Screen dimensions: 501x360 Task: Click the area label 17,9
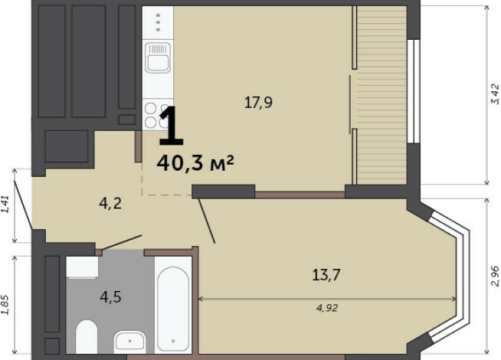[x=258, y=103]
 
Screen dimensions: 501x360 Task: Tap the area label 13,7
[x=326, y=275]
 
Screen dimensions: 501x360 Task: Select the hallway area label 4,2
[x=110, y=203]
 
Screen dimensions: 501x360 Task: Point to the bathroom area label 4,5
[x=110, y=297]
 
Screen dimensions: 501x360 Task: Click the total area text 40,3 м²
[x=195, y=163]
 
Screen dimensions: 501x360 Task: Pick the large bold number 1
[x=172, y=126]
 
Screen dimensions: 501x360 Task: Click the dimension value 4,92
[x=327, y=308]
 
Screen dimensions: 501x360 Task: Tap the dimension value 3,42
[x=495, y=94]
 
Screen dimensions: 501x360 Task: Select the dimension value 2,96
[x=495, y=276]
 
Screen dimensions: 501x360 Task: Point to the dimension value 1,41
[x=5, y=204]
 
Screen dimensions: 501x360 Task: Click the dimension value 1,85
[x=5, y=304]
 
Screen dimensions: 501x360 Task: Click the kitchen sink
[x=158, y=57]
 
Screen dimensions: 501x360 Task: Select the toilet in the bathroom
[x=87, y=336]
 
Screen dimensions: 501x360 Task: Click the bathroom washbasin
[x=130, y=341]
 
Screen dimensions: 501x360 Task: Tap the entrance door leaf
[x=23, y=205]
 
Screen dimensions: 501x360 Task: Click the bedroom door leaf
[x=207, y=221]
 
